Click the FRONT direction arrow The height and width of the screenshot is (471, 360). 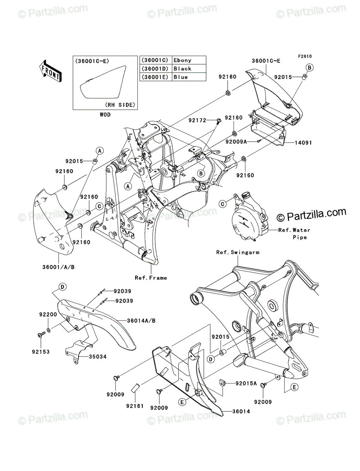point(50,71)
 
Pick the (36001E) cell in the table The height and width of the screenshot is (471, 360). point(156,77)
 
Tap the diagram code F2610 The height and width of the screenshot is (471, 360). point(305,57)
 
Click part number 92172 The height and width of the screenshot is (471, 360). point(197,120)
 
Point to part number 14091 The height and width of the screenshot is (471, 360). point(303,143)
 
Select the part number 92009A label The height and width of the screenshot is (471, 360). point(236,142)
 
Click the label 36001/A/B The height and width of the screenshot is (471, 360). point(58,267)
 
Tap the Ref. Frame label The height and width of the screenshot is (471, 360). point(151,278)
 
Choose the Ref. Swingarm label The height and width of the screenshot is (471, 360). point(238,252)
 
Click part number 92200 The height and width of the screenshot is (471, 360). point(48,314)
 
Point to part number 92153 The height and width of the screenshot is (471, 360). point(41,352)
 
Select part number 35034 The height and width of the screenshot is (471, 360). point(98,357)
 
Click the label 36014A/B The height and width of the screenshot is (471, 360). point(141,321)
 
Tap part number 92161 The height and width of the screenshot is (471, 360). point(135,406)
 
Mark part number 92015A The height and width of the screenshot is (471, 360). point(246,383)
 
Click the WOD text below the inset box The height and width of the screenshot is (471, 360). point(105,115)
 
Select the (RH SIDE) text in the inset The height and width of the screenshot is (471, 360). point(120,105)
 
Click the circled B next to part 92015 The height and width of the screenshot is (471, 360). point(309,68)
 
